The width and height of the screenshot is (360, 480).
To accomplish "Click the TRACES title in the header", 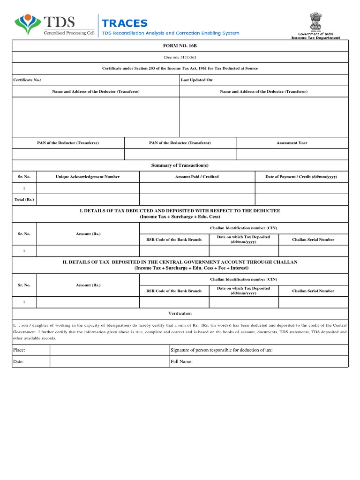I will [125, 23].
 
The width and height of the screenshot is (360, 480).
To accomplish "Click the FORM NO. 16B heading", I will [180, 46].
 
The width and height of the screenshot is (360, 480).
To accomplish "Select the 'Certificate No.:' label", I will [27, 80].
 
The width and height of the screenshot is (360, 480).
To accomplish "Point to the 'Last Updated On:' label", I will [197, 80].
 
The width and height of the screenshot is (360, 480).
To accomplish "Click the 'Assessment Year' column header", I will [292, 142].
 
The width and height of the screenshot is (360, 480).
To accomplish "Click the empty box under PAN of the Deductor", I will [68, 154].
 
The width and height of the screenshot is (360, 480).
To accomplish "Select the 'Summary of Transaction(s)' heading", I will [180, 165].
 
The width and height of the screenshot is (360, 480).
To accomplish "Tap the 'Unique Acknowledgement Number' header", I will [88, 177].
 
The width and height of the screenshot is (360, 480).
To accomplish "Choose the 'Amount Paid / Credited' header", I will [197, 177].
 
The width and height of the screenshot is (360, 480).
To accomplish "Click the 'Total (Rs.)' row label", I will [24, 200].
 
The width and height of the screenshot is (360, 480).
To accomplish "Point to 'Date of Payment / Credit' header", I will [301, 177].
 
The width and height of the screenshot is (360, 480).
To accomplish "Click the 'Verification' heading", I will [180, 313].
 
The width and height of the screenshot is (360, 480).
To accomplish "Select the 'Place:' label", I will [20, 350].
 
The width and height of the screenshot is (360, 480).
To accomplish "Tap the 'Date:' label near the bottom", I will [19, 362].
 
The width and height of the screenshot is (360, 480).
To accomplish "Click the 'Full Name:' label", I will [181, 362].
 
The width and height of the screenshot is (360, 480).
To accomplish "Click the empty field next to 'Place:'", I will [109, 350].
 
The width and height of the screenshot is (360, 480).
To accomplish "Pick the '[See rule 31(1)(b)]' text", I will [180, 57].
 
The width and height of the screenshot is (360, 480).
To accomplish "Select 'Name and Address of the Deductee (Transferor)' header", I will [263, 91].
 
